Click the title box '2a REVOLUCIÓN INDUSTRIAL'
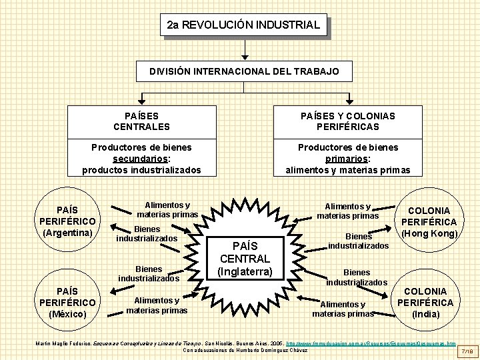pos(244,25)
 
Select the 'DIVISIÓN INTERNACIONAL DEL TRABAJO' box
pos(244,71)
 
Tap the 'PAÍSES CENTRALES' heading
pos(141,121)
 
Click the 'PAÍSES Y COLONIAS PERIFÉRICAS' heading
pos(347,121)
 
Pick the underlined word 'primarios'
pos(347,159)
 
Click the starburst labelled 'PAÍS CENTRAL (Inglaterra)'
pos(245,253)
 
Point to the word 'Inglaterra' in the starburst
pos(245,271)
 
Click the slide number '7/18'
pos(467,349)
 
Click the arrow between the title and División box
pos(245,49)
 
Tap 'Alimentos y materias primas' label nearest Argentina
pos(167,210)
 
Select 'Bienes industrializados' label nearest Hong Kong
pos(358,241)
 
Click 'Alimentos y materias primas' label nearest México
pos(157,305)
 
